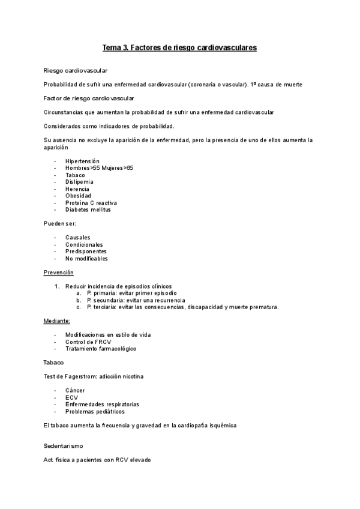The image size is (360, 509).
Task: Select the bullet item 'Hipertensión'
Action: pyautogui.click(x=83, y=161)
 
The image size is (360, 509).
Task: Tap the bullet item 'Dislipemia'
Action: pyautogui.click(x=80, y=182)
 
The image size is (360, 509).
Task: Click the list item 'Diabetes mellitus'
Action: pyautogui.click(x=88, y=209)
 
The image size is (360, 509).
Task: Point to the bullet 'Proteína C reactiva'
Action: pyautogui.click(x=91, y=203)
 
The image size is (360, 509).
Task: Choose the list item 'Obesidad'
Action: pyautogui.click(x=79, y=196)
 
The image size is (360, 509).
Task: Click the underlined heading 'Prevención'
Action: pyautogui.click(x=58, y=273)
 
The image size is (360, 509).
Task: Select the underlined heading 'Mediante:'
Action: pyautogui.click(x=57, y=321)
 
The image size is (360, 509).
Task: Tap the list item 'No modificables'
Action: pyautogui.click(x=86, y=259)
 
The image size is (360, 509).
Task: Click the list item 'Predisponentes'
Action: pyautogui.click(x=86, y=251)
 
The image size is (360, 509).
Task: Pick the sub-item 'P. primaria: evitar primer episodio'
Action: pyautogui.click(x=131, y=293)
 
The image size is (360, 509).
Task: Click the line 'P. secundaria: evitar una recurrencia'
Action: pyautogui.click(x=136, y=300)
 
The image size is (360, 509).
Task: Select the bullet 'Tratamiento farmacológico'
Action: pyautogui.click(x=101, y=349)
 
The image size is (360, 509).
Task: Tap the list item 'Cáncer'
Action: pyautogui.click(x=76, y=391)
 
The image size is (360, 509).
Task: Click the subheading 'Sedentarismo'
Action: pyautogui.click(x=64, y=447)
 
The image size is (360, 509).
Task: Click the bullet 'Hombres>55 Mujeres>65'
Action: pyautogui.click(x=100, y=168)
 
